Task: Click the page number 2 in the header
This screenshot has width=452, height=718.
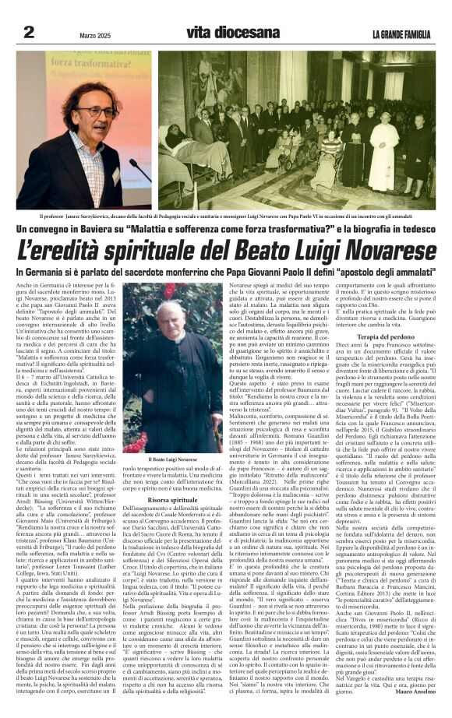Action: (30, 32)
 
